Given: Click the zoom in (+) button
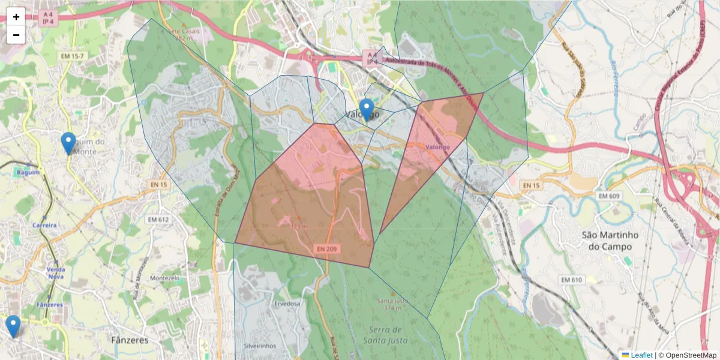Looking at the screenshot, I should tap(16, 17).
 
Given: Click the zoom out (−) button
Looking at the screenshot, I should tap(16, 35).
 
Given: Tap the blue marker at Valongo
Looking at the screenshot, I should tap(367, 110).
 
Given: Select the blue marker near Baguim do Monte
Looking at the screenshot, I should tap(69, 143).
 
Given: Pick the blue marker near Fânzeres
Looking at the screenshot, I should tap(13, 326).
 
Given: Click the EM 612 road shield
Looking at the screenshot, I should tap(158, 220).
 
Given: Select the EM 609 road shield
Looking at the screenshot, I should tap(609, 196).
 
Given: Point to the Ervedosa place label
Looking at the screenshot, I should tap(287, 304).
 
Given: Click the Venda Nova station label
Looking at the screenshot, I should tap(56, 273).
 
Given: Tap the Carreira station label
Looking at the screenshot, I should tap(45, 225).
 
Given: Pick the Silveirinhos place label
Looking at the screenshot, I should tap(260, 346).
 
